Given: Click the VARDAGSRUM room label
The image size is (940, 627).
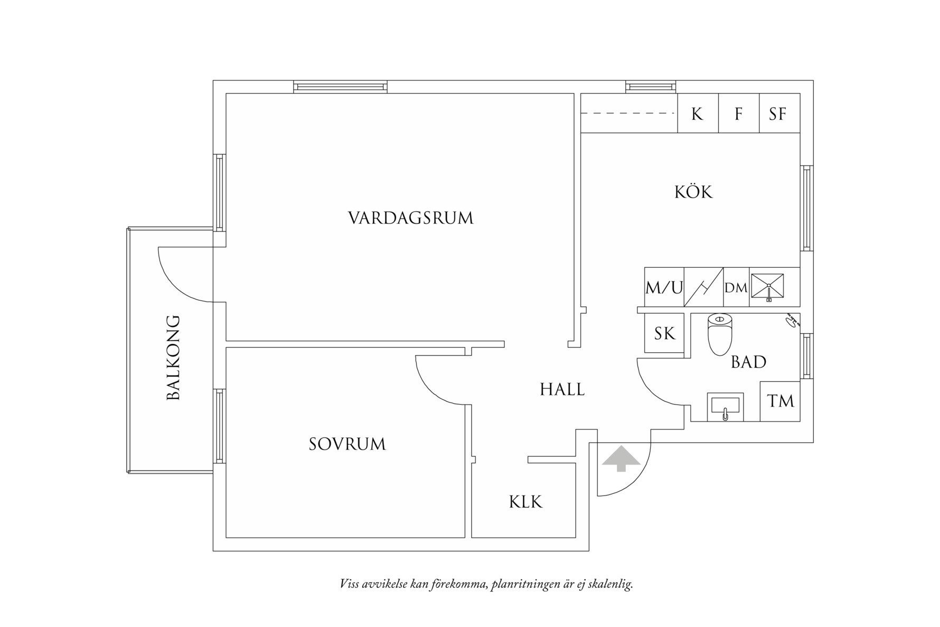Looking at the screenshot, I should [x=410, y=218].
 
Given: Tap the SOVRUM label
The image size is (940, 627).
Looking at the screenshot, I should [x=347, y=444].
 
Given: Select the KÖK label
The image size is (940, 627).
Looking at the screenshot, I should [x=693, y=192].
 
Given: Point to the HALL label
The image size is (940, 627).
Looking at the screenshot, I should [x=562, y=390].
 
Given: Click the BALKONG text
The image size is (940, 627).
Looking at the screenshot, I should [x=173, y=358].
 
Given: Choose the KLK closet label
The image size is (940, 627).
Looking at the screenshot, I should [x=525, y=502].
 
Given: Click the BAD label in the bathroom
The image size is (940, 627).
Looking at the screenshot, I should [x=748, y=362].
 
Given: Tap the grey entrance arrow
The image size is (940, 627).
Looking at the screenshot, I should [x=621, y=458].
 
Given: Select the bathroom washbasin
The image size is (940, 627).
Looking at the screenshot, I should [x=725, y=407].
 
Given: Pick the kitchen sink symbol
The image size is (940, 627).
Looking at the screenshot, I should [x=768, y=287].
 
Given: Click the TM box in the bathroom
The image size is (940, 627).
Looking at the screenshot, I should [x=780, y=401].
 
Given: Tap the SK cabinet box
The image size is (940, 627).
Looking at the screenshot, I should [x=664, y=333].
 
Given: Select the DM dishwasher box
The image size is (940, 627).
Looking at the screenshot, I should [x=736, y=288].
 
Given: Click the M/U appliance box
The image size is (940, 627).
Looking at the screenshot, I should [x=664, y=288].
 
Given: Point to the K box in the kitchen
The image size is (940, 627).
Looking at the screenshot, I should [x=697, y=114].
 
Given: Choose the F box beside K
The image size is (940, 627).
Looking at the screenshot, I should [x=738, y=114].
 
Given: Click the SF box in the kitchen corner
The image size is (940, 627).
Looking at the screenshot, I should [x=778, y=114].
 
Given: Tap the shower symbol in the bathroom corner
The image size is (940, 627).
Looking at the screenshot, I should [x=792, y=321].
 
